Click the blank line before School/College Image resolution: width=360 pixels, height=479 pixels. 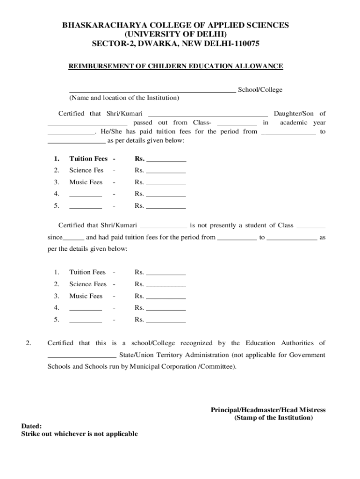coord(152,90)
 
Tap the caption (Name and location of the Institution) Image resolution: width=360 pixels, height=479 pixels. coord(124,98)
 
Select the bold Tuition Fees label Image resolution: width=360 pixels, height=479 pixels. coord(88,159)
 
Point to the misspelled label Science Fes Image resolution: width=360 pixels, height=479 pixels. coord(86,170)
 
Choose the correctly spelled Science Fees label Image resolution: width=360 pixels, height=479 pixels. coord(88,284)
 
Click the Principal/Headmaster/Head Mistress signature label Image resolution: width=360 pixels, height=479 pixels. coord(268,410)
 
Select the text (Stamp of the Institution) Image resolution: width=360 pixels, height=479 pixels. coord(274,418)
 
